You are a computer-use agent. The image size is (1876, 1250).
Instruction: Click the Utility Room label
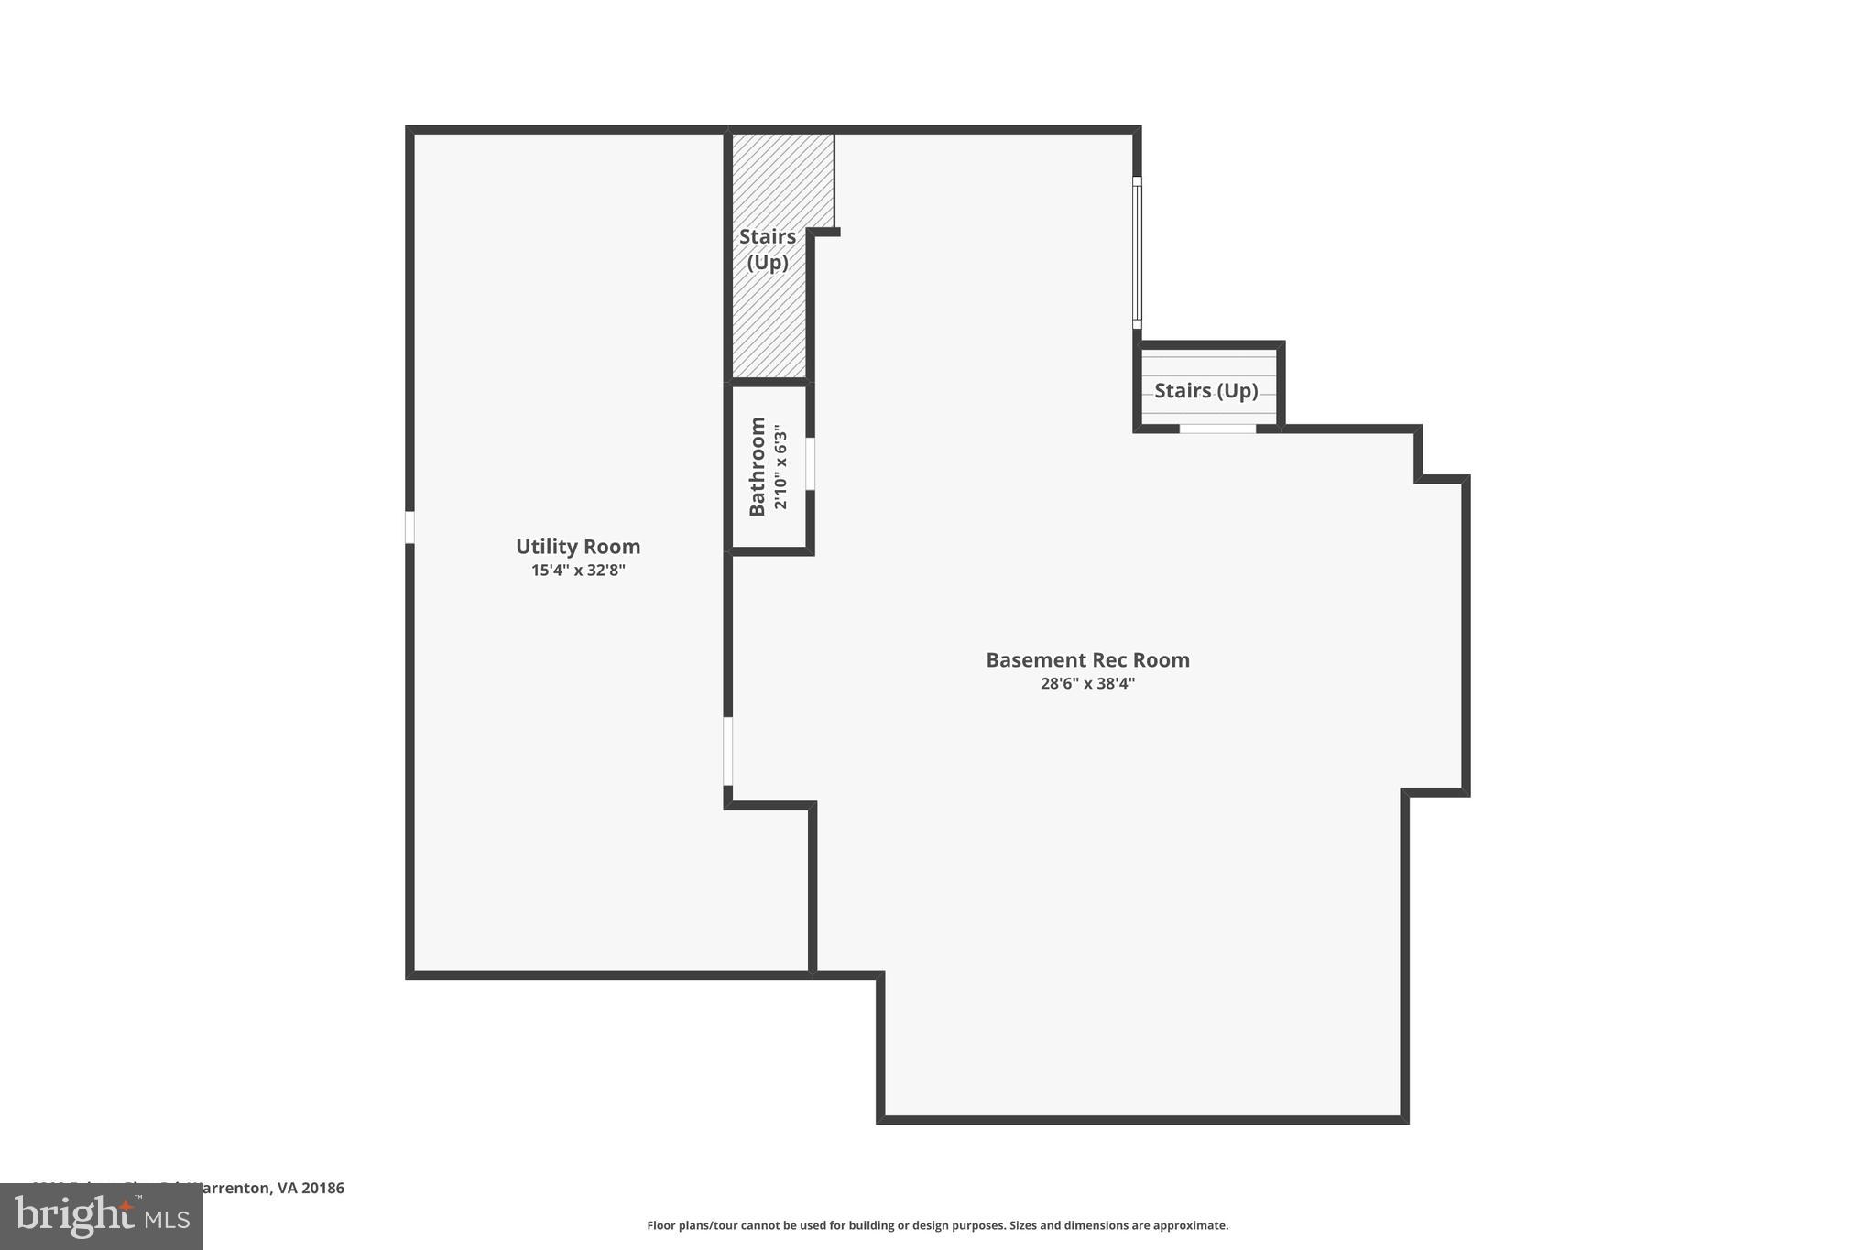click(x=577, y=547)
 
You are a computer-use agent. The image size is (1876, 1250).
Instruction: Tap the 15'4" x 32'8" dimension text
click(x=577, y=571)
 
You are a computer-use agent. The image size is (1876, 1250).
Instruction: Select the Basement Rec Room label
click(x=1087, y=660)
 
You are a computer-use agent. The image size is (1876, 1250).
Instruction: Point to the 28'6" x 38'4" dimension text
click(x=1087, y=683)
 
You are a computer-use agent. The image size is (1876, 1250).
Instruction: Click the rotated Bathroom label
click(x=758, y=466)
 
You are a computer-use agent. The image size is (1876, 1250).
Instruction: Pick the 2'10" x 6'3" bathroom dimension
click(x=780, y=466)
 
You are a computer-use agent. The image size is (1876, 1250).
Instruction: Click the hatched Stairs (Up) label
click(x=768, y=249)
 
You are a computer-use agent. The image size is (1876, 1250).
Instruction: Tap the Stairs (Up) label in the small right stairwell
click(x=1205, y=391)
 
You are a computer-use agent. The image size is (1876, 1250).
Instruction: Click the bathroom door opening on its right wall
click(x=811, y=463)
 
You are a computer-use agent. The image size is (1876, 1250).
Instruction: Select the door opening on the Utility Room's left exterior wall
click(x=409, y=527)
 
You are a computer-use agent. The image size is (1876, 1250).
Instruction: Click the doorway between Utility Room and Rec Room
click(x=728, y=751)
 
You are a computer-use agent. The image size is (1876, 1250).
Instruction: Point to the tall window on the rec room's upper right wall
click(x=1137, y=253)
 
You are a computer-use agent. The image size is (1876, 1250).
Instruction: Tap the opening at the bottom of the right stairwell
click(x=1216, y=429)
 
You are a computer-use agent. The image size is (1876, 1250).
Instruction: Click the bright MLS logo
click(x=102, y=1216)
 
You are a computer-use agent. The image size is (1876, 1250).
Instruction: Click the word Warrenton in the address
click(x=230, y=1188)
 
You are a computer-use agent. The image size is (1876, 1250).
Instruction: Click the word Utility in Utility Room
click(x=546, y=547)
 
